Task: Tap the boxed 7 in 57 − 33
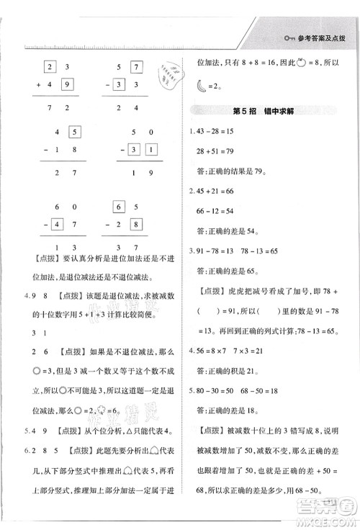point(135,69)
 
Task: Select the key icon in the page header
point(290,38)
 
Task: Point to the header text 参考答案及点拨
point(325,38)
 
